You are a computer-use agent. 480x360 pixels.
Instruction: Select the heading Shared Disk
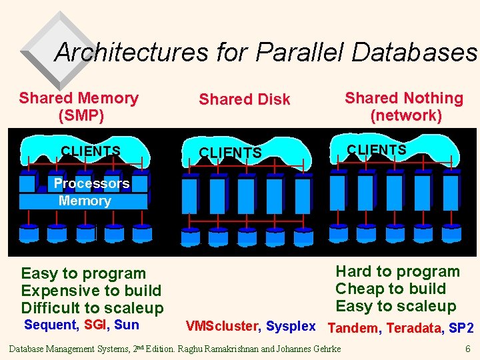(x=245, y=99)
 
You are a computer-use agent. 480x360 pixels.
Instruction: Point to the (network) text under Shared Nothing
(x=406, y=115)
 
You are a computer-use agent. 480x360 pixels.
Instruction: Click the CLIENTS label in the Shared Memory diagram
(x=91, y=151)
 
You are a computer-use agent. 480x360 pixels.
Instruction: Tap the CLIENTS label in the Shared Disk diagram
(x=230, y=153)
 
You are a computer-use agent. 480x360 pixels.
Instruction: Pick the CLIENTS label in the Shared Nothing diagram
(x=377, y=150)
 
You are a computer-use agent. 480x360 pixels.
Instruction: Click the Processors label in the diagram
(x=91, y=183)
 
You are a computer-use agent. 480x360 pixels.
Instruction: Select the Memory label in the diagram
(x=85, y=201)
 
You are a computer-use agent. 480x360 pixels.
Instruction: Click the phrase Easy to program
(x=83, y=273)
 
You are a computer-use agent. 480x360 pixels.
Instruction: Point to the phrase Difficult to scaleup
(x=92, y=308)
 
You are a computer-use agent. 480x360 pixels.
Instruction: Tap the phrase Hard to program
(x=397, y=271)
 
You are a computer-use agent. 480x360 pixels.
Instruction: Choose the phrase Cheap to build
(x=391, y=289)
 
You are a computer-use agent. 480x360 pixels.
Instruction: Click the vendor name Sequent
(x=51, y=325)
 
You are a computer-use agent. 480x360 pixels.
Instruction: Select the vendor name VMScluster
(x=221, y=326)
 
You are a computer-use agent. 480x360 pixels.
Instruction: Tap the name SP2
(x=461, y=327)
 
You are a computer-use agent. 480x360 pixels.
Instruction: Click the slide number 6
(x=467, y=349)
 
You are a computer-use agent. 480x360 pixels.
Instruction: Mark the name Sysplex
(x=291, y=326)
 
